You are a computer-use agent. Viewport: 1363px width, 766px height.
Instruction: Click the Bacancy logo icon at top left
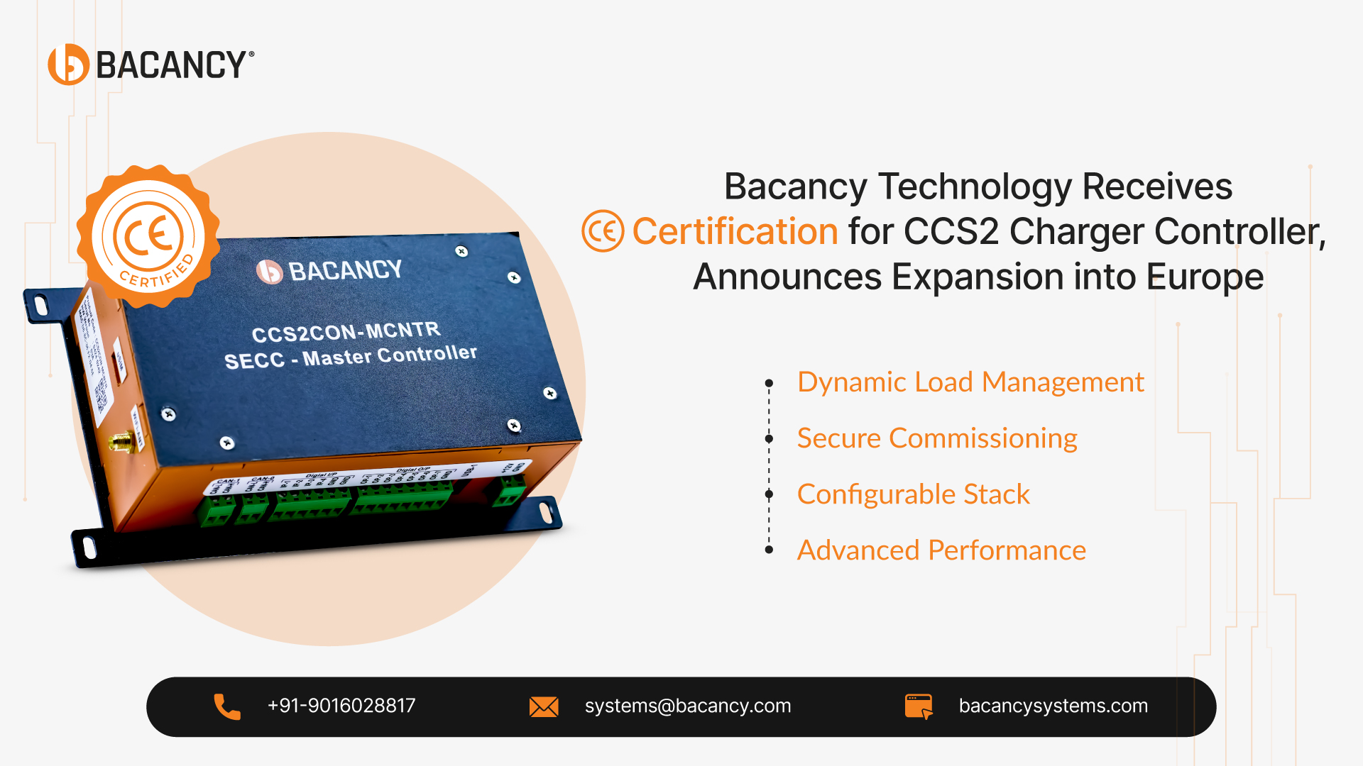tap(68, 65)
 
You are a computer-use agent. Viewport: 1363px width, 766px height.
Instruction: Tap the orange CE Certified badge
tap(148, 237)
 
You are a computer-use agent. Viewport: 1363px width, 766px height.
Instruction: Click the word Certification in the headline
tap(735, 232)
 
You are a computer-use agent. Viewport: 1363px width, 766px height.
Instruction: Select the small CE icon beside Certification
tap(603, 231)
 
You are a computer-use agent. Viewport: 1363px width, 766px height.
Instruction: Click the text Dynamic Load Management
tap(970, 382)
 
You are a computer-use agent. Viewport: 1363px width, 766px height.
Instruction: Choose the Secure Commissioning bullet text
tap(936, 438)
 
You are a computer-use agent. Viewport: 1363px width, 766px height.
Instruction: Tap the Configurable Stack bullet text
tap(913, 494)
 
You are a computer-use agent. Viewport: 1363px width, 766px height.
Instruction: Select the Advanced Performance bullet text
tap(941, 550)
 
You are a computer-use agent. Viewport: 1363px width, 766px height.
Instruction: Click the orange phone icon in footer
tap(227, 706)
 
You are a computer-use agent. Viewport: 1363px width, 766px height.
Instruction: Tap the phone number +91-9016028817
tap(341, 706)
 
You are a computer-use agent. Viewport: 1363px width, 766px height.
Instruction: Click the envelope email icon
tap(544, 706)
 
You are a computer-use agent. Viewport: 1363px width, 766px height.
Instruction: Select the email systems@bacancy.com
tap(687, 706)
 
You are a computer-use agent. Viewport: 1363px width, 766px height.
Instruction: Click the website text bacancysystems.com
tap(1053, 706)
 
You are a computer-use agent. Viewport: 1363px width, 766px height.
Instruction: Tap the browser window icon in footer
tap(919, 706)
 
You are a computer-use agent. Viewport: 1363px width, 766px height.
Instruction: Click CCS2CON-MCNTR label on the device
tap(346, 332)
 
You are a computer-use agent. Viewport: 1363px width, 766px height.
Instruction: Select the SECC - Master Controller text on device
tap(351, 357)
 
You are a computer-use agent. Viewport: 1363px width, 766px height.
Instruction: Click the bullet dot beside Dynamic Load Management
tap(769, 383)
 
